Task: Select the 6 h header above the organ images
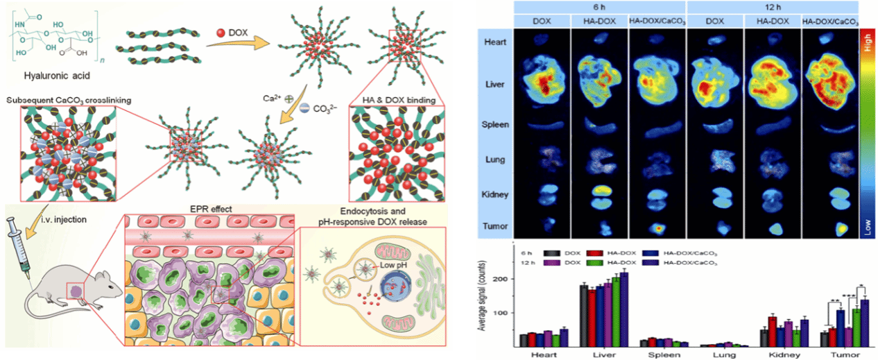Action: click(600, 6)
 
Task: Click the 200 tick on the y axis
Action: click(500, 279)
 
